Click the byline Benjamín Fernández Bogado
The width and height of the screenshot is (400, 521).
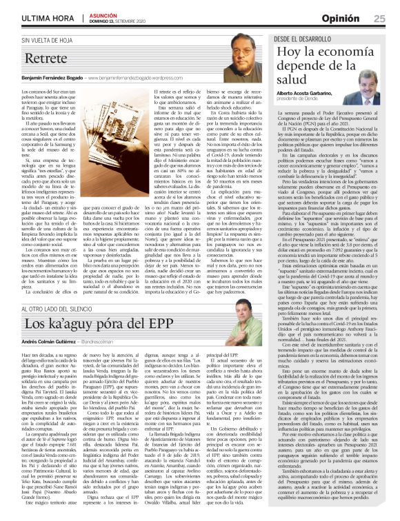pos(66,79)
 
